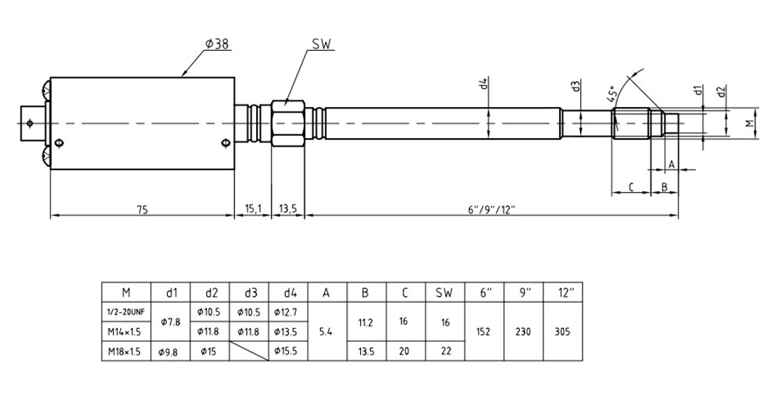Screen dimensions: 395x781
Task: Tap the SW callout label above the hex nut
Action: (321, 44)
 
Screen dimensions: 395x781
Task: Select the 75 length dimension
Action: (142, 209)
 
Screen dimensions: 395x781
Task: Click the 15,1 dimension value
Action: (252, 209)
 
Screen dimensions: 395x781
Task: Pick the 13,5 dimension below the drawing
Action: (287, 209)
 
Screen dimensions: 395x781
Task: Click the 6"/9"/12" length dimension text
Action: (491, 209)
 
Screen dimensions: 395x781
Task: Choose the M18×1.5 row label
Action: (126, 351)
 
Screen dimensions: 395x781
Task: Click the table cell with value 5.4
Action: (327, 332)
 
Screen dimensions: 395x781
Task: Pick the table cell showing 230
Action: (523, 332)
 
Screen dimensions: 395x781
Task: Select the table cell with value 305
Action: (562, 332)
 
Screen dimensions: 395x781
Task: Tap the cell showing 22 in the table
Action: (444, 351)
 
